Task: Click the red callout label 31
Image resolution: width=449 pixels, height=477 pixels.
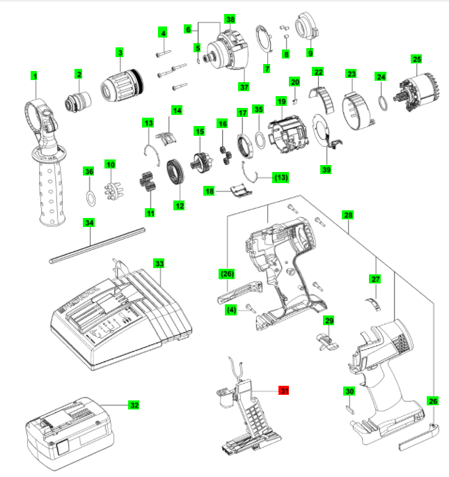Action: [x=284, y=391]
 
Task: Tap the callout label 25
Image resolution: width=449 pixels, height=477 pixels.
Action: [x=416, y=60]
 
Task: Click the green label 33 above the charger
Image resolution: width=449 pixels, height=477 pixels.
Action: [x=159, y=264]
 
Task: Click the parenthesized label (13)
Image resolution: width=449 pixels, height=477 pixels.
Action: [x=281, y=178]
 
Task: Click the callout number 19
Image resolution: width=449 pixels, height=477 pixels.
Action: [x=281, y=102]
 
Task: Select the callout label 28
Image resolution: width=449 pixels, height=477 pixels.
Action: [x=347, y=216]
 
